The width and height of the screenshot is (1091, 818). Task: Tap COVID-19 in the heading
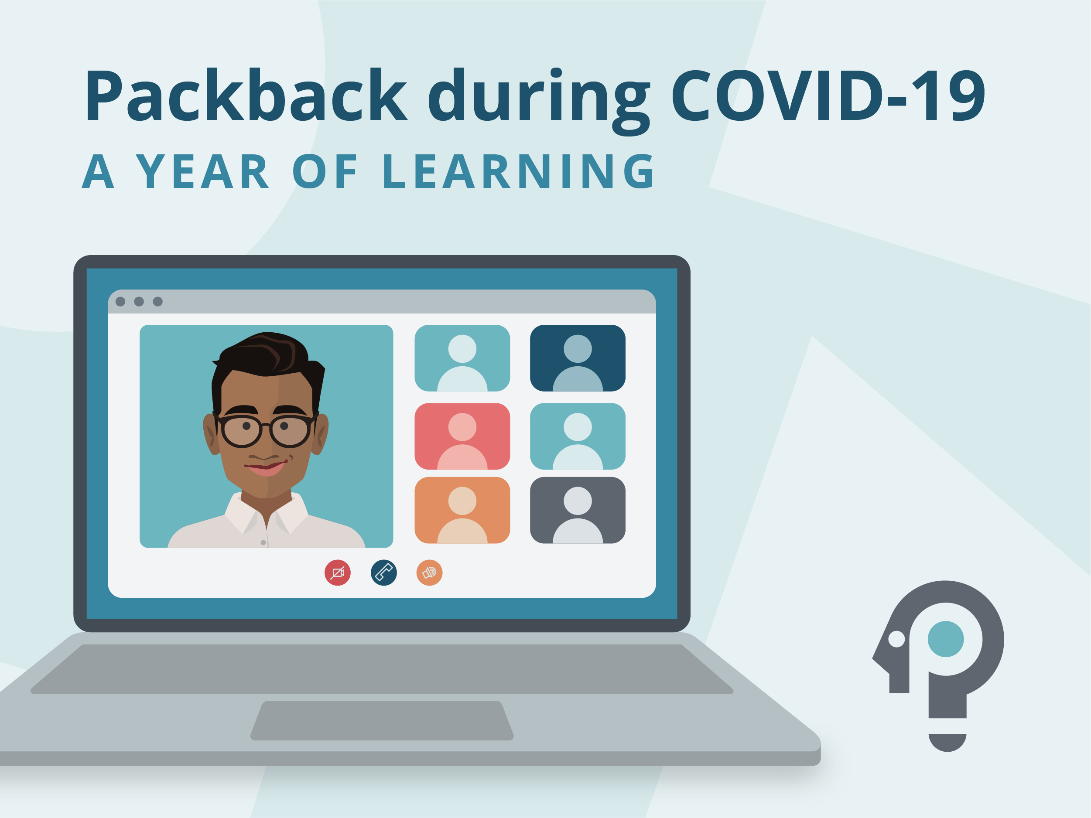(828, 95)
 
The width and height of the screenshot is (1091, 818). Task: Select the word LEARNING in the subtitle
(518, 172)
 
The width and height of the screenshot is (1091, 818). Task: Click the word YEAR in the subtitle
(202, 172)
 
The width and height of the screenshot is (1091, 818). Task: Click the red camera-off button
(337, 573)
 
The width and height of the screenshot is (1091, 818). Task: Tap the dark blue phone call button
(384, 573)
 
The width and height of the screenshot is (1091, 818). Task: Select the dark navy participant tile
(578, 358)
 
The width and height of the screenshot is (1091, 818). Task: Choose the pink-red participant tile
(462, 436)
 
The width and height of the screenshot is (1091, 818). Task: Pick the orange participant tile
(462, 510)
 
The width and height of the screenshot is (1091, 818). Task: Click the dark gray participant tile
(578, 510)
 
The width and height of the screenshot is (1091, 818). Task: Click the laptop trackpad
(382, 720)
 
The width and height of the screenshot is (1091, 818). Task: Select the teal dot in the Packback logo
(945, 639)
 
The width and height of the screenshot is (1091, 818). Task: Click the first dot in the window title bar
(120, 301)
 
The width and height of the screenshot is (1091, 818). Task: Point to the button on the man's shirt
(263, 542)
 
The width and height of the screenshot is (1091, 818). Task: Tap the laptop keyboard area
(382, 668)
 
